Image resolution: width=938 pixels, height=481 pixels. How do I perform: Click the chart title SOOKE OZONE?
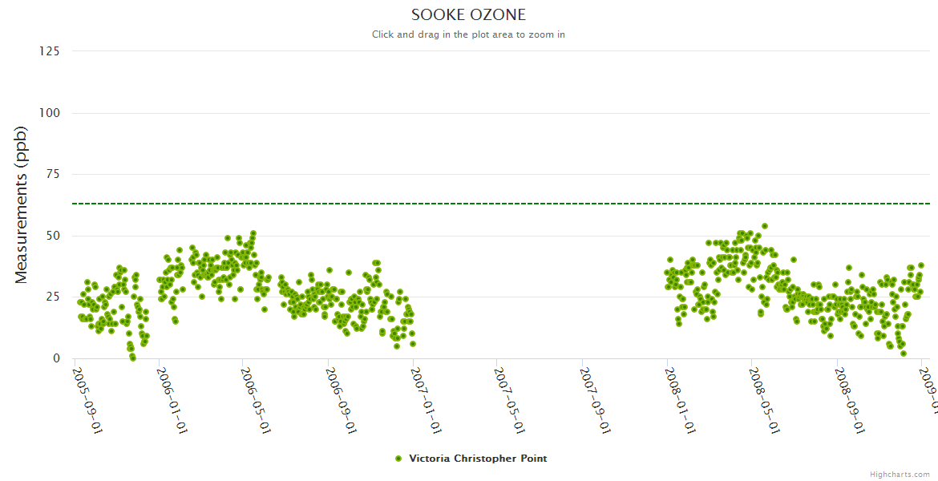point(468,15)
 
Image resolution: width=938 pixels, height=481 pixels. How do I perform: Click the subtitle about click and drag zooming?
point(468,34)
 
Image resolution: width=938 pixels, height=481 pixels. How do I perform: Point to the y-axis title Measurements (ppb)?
point(22,204)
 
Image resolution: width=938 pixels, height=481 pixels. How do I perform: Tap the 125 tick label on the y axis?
point(49,51)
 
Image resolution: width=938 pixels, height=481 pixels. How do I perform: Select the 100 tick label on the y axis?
point(49,113)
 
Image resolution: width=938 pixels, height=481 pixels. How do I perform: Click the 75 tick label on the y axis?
point(52,174)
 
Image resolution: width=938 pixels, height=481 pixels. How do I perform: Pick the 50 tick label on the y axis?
point(52,236)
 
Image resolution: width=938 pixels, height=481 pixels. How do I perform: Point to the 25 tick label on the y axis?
point(52,297)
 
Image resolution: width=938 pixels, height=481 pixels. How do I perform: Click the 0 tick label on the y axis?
point(55,358)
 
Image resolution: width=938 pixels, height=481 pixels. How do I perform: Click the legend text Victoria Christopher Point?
point(478,459)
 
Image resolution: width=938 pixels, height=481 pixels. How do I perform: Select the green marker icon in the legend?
point(398,459)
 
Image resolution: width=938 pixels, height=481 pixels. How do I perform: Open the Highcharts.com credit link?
point(900,475)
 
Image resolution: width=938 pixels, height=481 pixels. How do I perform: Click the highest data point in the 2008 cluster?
point(765,226)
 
